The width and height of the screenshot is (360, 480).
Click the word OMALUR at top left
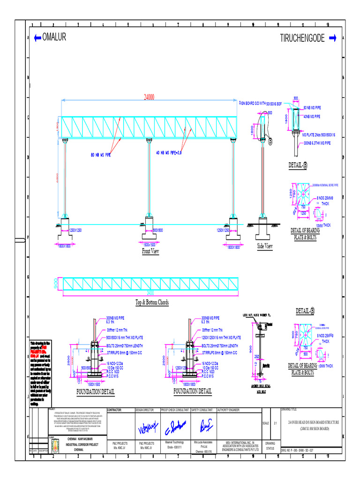click(54, 38)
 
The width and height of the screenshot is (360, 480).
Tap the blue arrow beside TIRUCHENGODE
click(333, 38)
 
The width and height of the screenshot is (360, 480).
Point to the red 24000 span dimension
click(150, 97)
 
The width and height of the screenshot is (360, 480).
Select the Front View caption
click(150, 252)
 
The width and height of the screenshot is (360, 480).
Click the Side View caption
click(265, 246)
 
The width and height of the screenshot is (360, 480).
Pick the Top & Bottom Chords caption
click(152, 302)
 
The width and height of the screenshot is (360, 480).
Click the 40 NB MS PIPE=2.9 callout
click(173, 152)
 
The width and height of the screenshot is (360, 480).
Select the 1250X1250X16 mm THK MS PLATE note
click(221, 337)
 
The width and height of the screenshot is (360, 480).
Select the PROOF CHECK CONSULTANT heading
click(174, 410)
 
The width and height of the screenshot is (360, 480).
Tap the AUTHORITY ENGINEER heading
click(229, 410)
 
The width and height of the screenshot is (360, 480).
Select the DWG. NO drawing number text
click(302, 450)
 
